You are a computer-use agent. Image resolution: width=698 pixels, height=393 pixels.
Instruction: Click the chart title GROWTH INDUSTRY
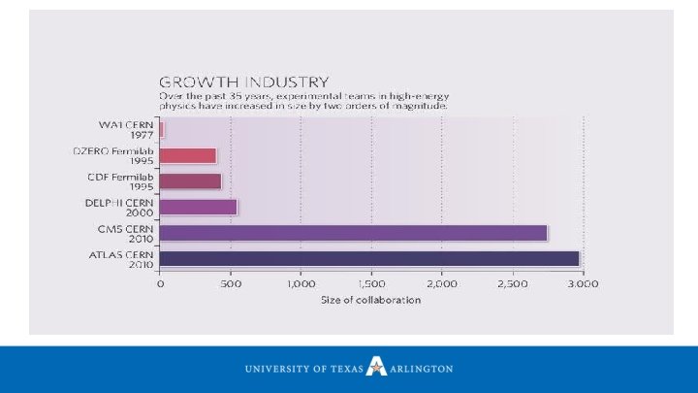tap(243, 82)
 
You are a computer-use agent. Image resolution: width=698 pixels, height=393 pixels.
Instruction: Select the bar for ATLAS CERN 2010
tap(369, 258)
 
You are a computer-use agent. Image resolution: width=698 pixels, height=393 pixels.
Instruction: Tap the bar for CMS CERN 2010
tap(353, 232)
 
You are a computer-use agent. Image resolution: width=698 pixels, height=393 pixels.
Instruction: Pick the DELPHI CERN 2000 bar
tap(198, 206)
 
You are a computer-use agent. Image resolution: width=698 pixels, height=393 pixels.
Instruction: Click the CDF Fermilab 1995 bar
tap(190, 180)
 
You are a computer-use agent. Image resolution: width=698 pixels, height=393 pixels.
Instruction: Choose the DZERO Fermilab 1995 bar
tap(187, 155)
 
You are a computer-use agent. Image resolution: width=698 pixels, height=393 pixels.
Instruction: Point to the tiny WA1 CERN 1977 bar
tap(162, 129)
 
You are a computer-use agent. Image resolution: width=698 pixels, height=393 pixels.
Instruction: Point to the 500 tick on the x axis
tap(230, 283)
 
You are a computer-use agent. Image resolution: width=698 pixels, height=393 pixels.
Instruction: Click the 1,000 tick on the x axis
tap(301, 283)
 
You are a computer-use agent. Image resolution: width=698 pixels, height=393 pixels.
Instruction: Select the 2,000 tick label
tap(441, 283)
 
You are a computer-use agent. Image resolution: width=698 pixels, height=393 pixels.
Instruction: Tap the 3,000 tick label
tap(582, 283)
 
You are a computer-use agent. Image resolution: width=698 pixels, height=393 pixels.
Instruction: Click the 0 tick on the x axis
tap(160, 283)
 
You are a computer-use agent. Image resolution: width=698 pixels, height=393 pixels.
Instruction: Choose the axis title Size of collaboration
tap(371, 300)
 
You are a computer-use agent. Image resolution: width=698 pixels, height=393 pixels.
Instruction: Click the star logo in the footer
tap(375, 368)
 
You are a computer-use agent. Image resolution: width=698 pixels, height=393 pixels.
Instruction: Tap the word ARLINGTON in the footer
tap(421, 369)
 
